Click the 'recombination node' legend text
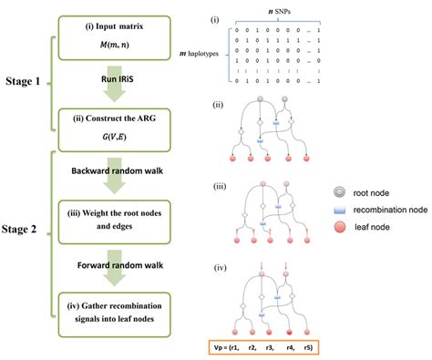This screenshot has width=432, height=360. click(390, 209)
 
